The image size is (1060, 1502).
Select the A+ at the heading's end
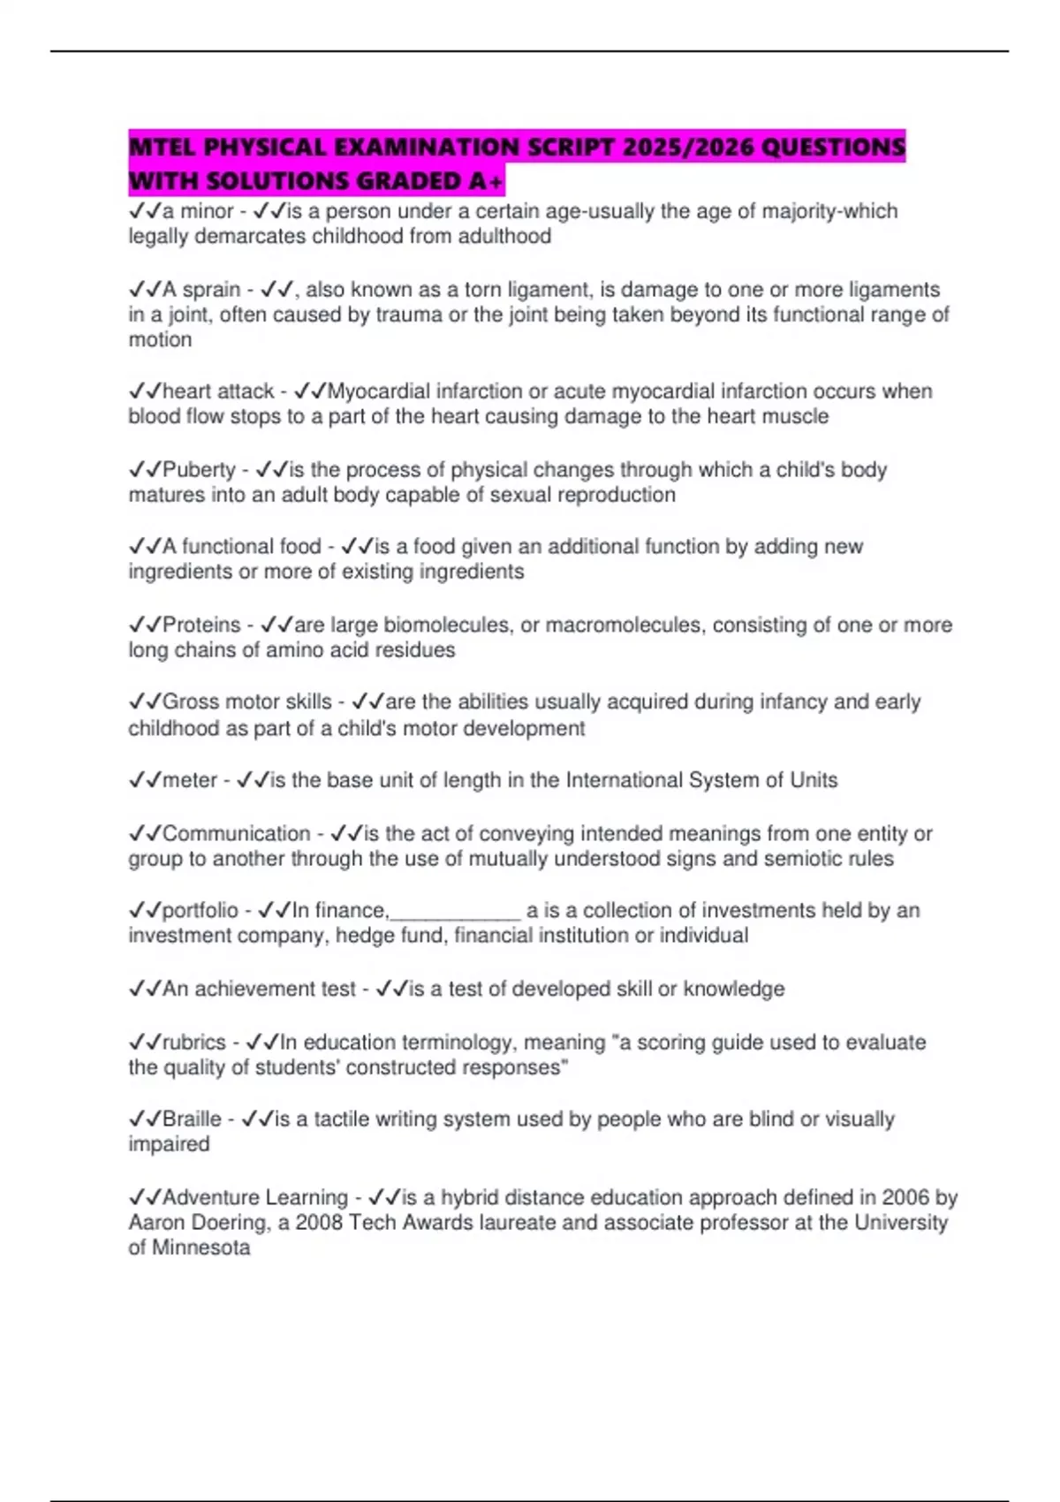pos(487,181)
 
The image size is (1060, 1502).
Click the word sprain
pos(211,290)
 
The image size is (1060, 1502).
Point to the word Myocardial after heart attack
pos(380,391)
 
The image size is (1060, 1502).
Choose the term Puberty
pos(199,470)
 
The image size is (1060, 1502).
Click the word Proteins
pos(201,625)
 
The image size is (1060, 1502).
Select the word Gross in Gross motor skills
pos(190,702)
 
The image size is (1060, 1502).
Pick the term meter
pos(189,780)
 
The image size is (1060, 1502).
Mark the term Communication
pos(236,833)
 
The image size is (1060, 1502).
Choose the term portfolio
pos(201,911)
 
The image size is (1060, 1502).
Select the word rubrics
pos(194,1043)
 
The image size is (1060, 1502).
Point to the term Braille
pos(192,1119)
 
